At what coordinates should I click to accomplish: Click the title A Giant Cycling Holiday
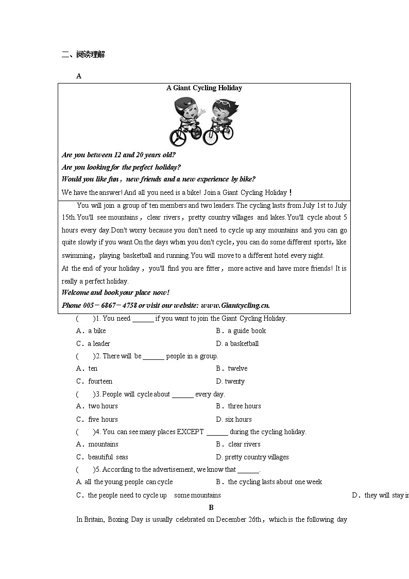coord(204,88)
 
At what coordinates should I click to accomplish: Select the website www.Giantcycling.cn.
coord(235,305)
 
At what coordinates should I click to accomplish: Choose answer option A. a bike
coord(91,331)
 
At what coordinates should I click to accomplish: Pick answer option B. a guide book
coord(241,331)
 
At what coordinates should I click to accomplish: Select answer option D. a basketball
coord(237,344)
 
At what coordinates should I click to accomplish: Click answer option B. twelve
coord(232,369)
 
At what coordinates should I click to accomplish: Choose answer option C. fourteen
coord(94,382)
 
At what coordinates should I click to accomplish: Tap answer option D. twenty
coord(230,382)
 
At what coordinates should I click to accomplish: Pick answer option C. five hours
coord(97,420)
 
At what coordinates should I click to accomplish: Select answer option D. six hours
coord(234,420)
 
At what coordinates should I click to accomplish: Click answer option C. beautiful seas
coord(102,457)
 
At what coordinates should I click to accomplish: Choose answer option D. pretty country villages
coord(252,457)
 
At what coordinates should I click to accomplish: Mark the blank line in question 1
coord(143,319)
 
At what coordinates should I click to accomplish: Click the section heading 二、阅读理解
coord(83,55)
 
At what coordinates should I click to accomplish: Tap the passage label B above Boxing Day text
coord(211,507)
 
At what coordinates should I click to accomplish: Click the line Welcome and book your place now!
coord(115,293)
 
